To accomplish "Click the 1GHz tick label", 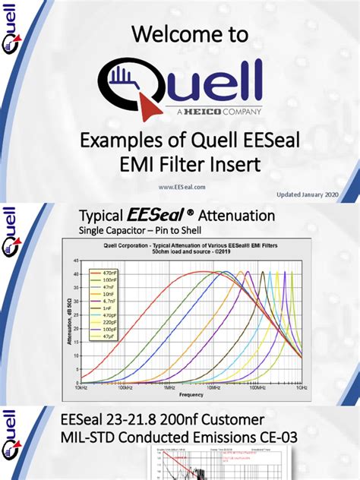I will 302,387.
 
